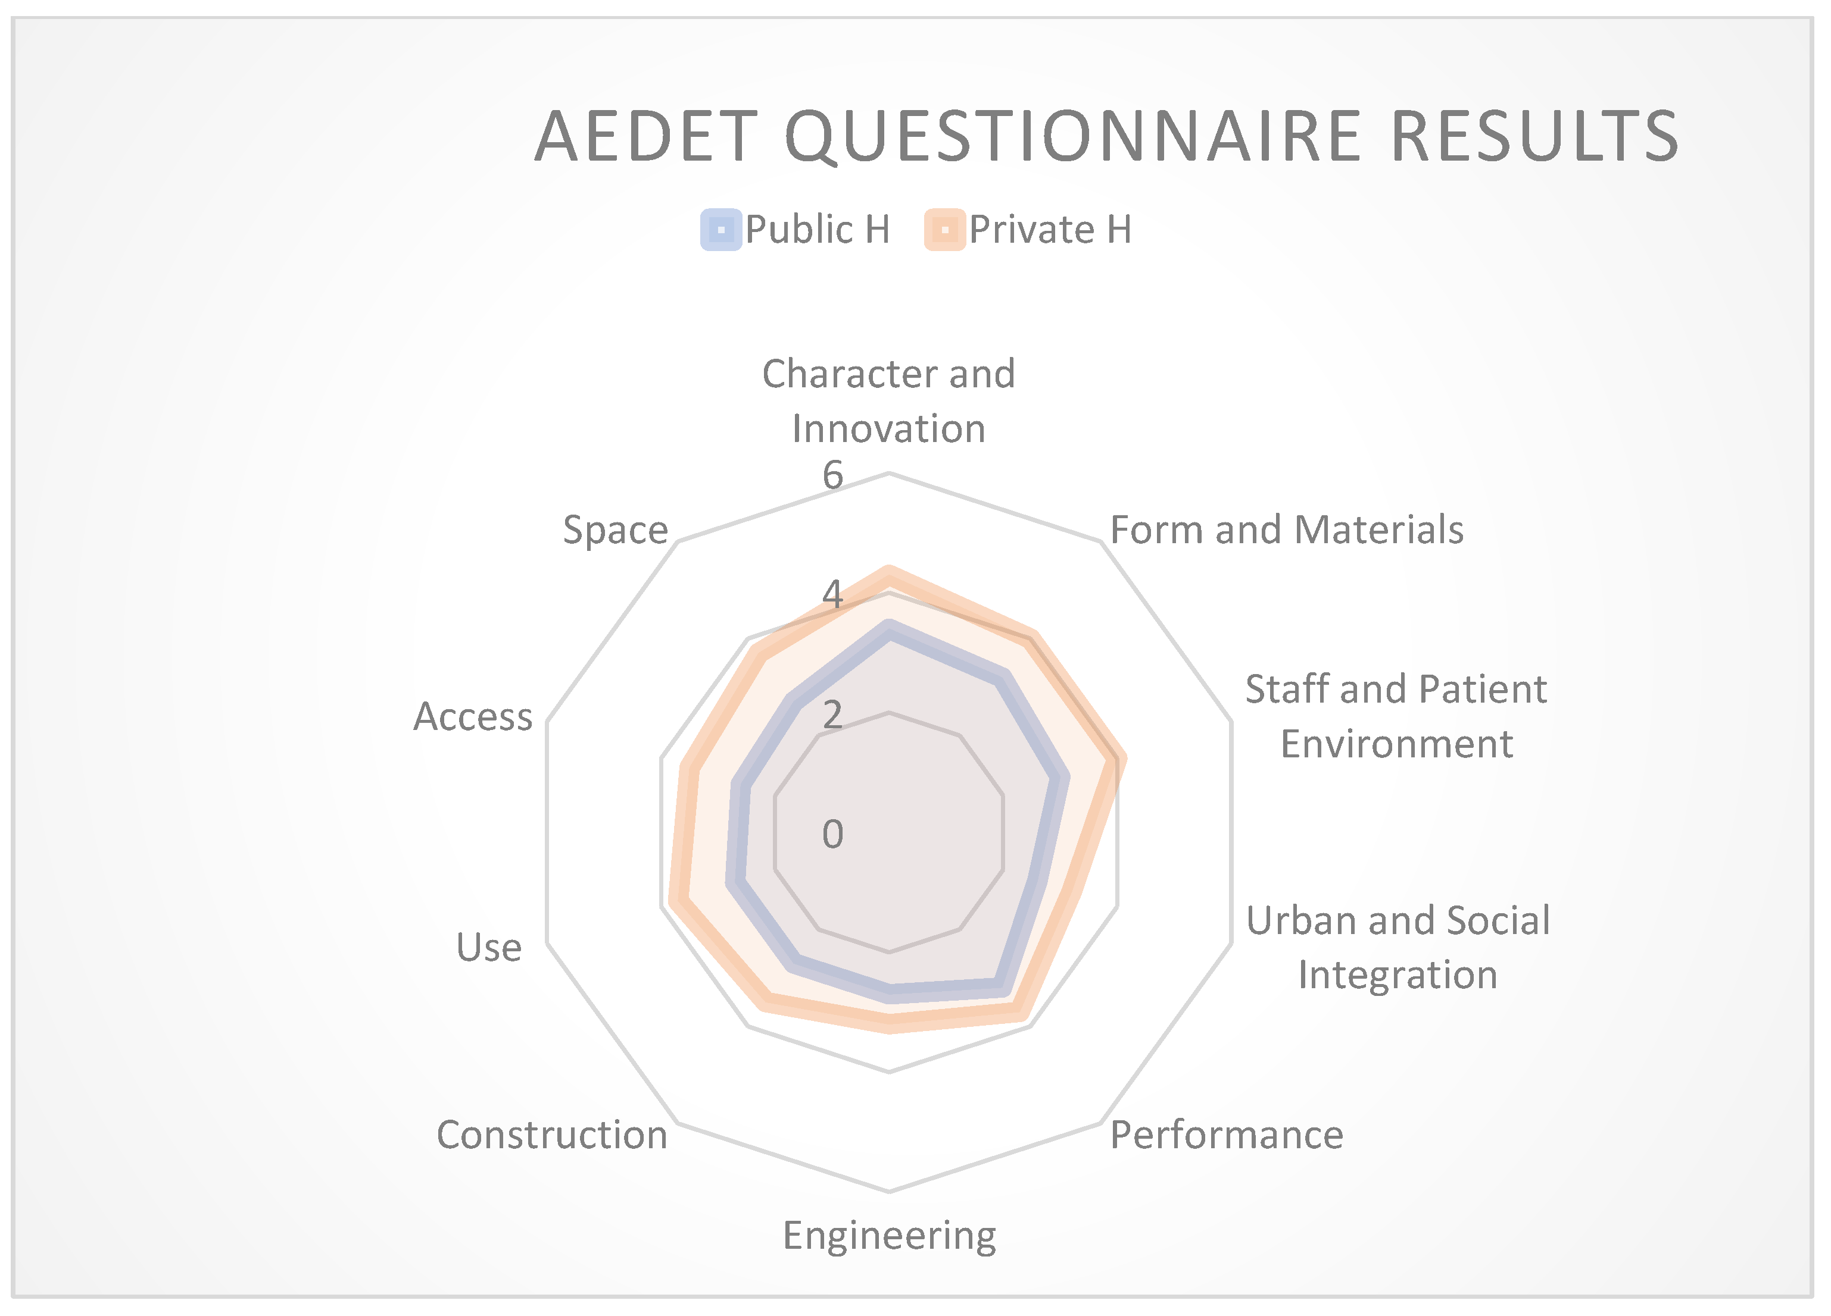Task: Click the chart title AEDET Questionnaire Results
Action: click(x=1107, y=136)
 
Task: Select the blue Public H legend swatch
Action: click(x=721, y=230)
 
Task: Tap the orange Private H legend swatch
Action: click(x=944, y=230)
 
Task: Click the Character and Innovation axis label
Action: click(x=889, y=401)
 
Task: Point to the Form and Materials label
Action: click(x=1287, y=530)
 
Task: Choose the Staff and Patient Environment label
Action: click(x=1397, y=716)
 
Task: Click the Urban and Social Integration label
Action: click(x=1398, y=947)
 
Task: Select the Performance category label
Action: click(x=1227, y=1135)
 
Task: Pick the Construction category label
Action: click(x=552, y=1135)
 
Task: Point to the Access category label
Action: click(x=473, y=716)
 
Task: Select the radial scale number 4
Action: click(x=832, y=595)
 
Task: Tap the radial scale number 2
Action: click(x=832, y=714)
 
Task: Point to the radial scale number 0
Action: click(x=832, y=834)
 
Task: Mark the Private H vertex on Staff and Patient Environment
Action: click(x=1117, y=759)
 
